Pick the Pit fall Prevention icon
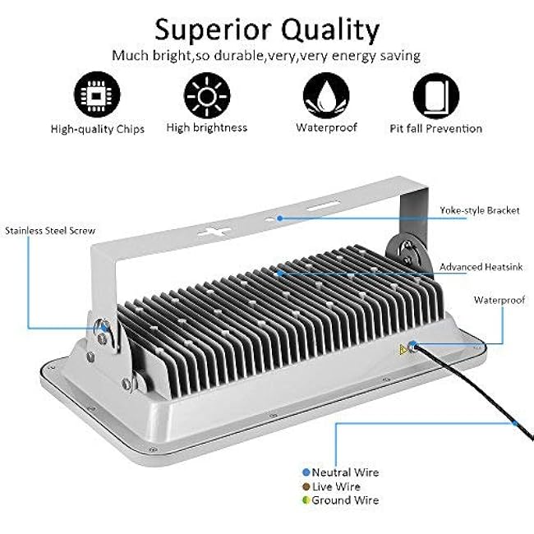coord(435,95)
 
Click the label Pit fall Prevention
coord(435,128)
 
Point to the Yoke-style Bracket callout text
coord(479,210)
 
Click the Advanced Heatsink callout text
coord(481,267)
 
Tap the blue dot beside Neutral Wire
coord(306,472)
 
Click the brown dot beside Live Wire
coord(306,486)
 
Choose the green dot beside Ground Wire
coord(306,500)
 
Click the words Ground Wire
coord(345,500)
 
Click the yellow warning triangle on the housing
coord(403,349)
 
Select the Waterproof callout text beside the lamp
coord(499,300)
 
